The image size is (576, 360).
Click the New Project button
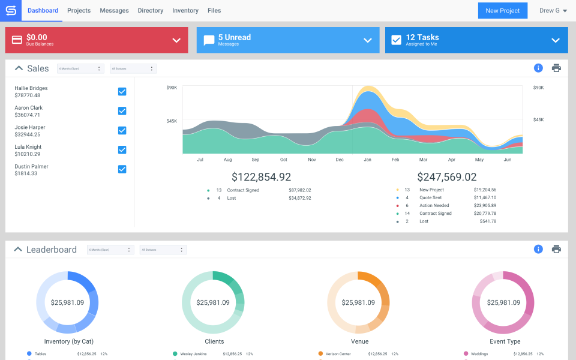coord(503,11)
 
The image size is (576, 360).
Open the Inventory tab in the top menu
coord(185,11)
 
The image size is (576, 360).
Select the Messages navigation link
coord(114,11)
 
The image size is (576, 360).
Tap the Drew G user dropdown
coord(553,11)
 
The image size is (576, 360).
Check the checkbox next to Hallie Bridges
coord(122,92)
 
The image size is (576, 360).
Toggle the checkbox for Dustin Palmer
coord(122,169)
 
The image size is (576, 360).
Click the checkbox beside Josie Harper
coord(122,130)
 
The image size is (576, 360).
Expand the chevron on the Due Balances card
coord(176,40)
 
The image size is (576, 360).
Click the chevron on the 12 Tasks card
coord(556,40)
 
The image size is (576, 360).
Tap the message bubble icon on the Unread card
coord(209,40)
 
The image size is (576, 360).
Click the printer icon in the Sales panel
coord(556,68)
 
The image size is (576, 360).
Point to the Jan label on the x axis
coord(368,160)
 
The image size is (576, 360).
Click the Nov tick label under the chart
coord(312,160)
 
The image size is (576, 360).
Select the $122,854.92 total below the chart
coord(261,177)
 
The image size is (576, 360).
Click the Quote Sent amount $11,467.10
coord(485,197)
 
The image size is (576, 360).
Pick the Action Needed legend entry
coord(434,205)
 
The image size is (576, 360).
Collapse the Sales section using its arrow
coord(19,68)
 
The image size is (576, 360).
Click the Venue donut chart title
coord(359,341)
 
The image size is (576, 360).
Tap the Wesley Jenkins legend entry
coord(193,354)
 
